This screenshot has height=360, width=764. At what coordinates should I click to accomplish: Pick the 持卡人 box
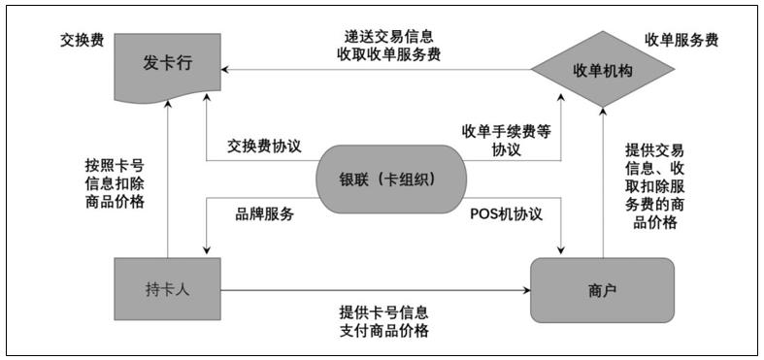click(167, 288)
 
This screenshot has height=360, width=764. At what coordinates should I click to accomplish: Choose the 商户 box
click(602, 289)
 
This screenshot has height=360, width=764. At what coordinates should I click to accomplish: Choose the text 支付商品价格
click(384, 332)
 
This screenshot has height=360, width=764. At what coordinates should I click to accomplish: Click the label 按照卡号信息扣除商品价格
click(116, 182)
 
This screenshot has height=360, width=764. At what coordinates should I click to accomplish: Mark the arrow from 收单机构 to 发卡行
click(379, 70)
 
